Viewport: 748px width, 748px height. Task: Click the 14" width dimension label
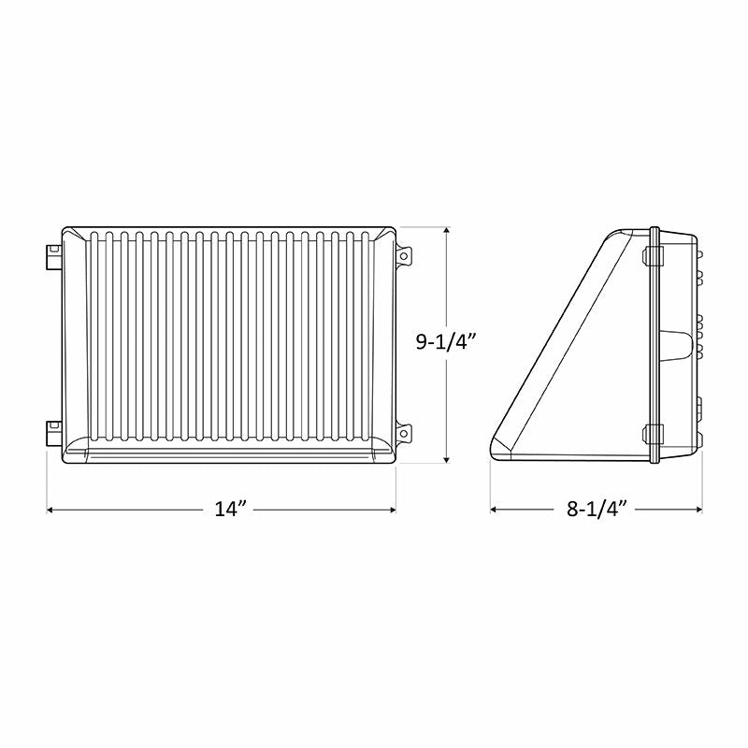[229, 510]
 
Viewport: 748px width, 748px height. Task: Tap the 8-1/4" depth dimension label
[596, 510]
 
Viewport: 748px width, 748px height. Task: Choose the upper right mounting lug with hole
[404, 255]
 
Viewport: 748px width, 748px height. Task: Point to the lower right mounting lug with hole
[404, 433]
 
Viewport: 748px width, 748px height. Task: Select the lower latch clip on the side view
[653, 435]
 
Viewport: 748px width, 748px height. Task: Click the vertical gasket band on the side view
[654, 346]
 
